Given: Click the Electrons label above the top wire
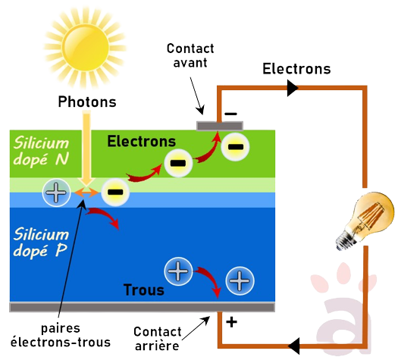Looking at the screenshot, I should [296, 69].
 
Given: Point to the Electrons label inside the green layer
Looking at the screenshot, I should [141, 141].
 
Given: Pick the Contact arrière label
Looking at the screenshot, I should [156, 339].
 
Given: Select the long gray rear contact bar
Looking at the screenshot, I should [141, 307].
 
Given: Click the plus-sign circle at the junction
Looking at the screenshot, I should [55, 194].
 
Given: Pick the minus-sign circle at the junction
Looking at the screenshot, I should [114, 194].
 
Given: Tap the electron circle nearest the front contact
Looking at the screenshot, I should [236, 146].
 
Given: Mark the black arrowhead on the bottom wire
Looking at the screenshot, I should [296, 345].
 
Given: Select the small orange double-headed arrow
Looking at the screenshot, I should [85, 194].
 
